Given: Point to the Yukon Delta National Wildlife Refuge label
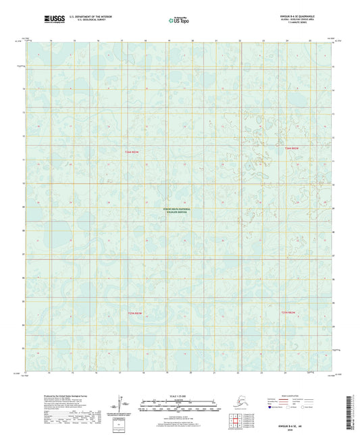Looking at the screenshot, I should pos(177,211).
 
